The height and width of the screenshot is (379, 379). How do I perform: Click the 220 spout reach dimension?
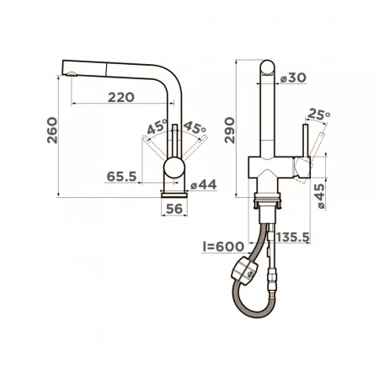121,98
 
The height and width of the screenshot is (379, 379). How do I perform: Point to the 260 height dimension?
52,131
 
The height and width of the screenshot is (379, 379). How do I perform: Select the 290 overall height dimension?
230,131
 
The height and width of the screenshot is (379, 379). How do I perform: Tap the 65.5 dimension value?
121,177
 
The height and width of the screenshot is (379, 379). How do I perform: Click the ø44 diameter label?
204,184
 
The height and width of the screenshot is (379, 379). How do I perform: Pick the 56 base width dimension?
174,209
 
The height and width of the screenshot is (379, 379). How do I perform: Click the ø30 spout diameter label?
293,77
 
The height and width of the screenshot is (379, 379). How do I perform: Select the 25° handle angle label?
318,115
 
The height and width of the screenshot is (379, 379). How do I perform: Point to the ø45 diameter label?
320,196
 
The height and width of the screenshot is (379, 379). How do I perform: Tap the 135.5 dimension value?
293,238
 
